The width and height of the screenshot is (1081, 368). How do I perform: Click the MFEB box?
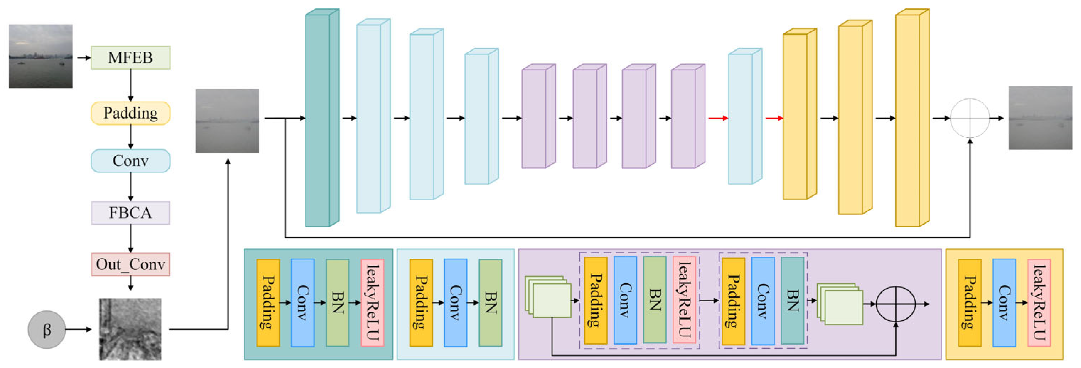click(130, 58)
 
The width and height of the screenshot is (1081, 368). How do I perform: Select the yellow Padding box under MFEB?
click(130, 113)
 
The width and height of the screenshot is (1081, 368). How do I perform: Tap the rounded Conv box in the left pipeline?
click(130, 161)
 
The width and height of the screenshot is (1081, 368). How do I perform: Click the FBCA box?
click(130, 212)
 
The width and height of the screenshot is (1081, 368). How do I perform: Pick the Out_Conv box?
click(130, 264)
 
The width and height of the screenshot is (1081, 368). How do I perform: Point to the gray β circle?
click(47, 330)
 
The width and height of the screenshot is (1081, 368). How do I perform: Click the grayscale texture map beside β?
click(130, 329)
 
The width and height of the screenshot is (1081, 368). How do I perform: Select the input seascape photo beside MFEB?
click(41, 56)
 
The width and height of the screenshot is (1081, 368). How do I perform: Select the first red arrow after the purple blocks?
click(718, 118)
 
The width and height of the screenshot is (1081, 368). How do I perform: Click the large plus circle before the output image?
click(969, 118)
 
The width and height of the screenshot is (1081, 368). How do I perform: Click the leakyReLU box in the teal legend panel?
click(372, 303)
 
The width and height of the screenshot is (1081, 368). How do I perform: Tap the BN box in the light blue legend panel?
click(490, 303)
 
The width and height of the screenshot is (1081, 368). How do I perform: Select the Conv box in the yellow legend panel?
click(1004, 303)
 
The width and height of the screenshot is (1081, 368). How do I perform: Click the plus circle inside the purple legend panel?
click(895, 304)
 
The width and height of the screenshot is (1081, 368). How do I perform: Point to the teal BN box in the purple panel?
click(792, 301)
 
